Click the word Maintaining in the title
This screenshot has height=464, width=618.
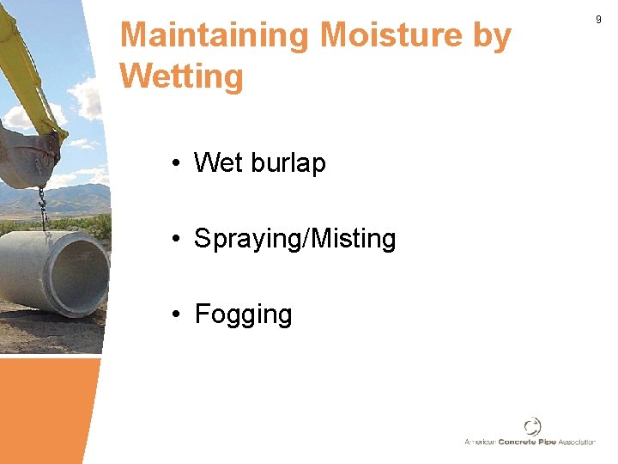click(x=215, y=36)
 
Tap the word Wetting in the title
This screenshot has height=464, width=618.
click(x=182, y=76)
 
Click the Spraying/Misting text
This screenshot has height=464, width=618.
click(x=295, y=238)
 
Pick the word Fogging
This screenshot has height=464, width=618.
click(x=244, y=314)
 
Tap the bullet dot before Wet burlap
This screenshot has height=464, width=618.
click(x=174, y=163)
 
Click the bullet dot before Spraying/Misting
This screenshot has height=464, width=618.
click(x=174, y=239)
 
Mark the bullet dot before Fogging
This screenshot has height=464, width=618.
click(x=174, y=314)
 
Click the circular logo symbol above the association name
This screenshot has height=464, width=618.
click(x=533, y=427)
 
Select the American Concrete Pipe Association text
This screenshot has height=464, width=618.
click(x=530, y=442)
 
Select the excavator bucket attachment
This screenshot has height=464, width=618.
click(x=30, y=155)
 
